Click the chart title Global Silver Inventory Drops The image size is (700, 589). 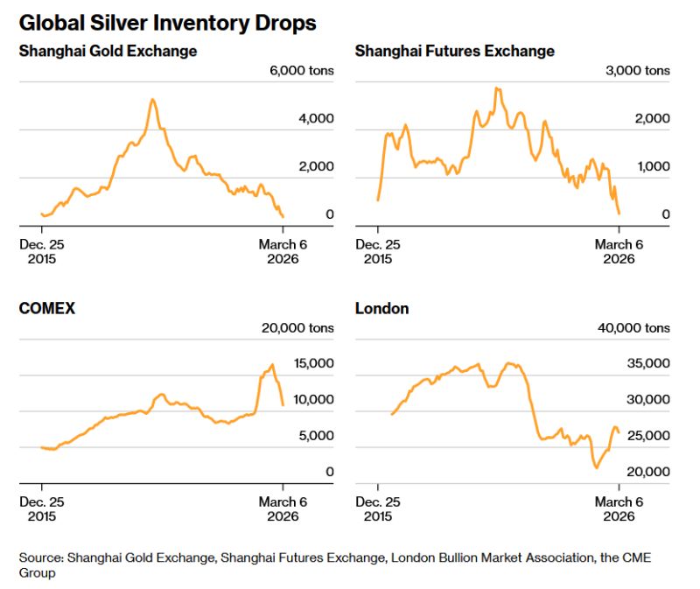tap(167, 21)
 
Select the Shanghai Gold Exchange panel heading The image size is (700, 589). tap(108, 51)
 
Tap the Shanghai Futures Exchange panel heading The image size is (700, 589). tap(454, 51)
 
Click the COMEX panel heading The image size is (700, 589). tap(47, 308)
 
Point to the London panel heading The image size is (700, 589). tap(381, 308)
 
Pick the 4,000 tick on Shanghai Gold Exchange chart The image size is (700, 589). tap(316, 118)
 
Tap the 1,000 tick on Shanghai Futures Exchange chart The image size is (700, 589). tap(652, 166)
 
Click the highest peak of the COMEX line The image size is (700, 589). tap(272, 364)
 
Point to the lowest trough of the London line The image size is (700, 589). tap(597, 467)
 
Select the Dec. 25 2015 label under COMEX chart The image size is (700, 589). tap(41, 508)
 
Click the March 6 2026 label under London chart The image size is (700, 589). tap(619, 508)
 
